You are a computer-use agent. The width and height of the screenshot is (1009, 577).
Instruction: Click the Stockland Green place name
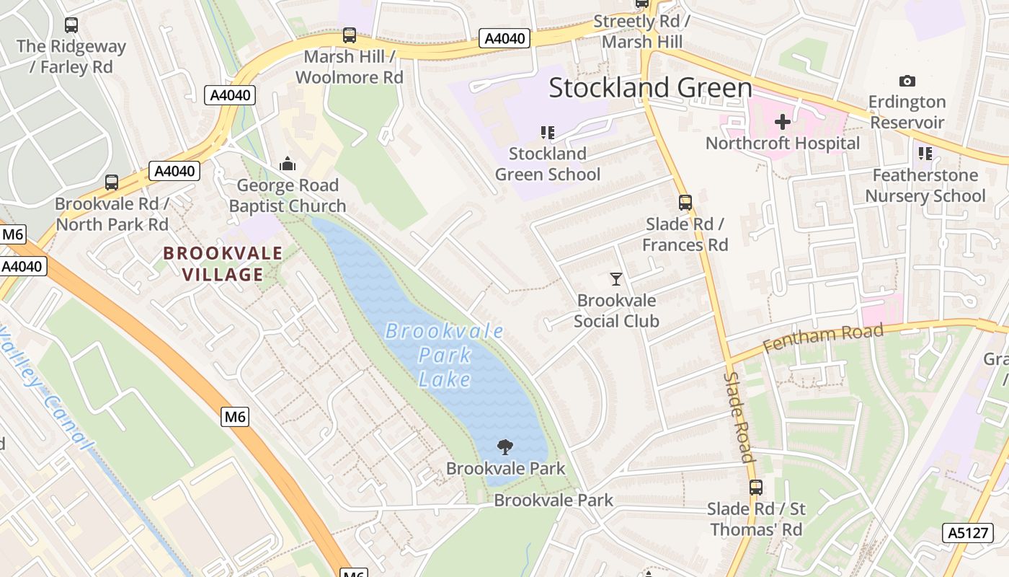(650, 88)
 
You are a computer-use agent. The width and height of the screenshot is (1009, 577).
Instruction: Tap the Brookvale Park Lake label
(444, 355)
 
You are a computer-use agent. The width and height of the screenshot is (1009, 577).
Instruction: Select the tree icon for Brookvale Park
(505, 447)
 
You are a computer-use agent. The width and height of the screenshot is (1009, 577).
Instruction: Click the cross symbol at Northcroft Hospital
(782, 122)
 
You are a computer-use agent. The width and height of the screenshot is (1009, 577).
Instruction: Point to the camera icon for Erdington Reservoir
(907, 81)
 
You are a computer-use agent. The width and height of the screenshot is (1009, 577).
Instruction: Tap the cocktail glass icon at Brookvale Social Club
(616, 279)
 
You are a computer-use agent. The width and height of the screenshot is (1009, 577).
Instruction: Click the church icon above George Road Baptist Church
(288, 164)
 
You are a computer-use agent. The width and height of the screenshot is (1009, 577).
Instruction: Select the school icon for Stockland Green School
(548, 133)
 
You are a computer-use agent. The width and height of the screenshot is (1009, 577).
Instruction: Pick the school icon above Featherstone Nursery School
(925, 154)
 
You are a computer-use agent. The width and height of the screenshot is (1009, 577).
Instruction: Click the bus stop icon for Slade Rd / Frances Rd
(685, 203)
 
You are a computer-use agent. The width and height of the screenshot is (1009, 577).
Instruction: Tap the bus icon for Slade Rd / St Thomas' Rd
(755, 488)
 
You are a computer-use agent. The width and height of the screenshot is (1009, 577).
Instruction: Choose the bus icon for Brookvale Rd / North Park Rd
(112, 182)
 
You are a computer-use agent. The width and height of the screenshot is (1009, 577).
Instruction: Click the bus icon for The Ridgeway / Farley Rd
(71, 25)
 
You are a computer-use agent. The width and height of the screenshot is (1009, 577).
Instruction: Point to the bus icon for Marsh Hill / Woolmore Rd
(350, 35)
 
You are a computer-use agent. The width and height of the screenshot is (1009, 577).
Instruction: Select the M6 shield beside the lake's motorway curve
(235, 416)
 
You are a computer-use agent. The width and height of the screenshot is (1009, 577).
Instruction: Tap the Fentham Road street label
(822, 336)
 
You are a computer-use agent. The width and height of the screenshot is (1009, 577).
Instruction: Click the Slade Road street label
(739, 417)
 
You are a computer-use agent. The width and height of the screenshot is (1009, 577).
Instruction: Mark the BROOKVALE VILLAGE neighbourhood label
(223, 264)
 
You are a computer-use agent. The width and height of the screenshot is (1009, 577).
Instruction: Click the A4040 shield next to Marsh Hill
(504, 38)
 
